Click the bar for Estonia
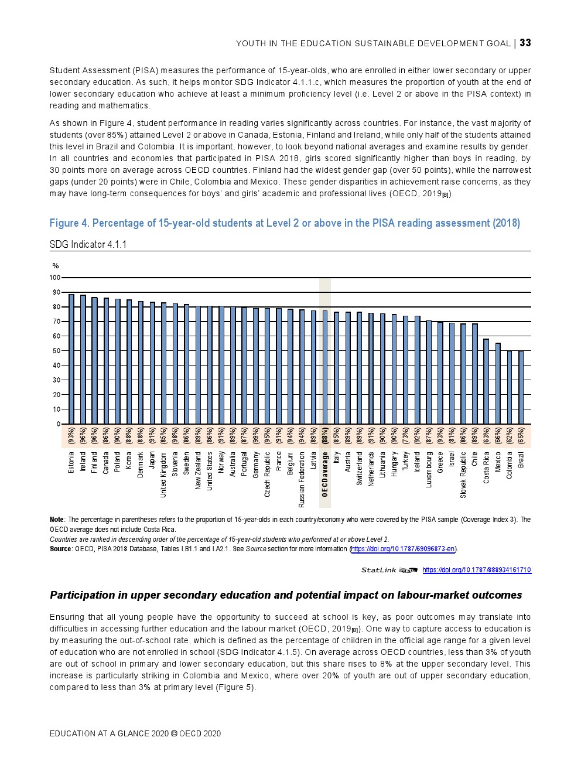[x=71, y=359]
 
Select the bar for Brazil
[x=521, y=387]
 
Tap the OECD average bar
[x=325, y=367]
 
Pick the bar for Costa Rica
[x=486, y=381]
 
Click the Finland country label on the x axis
[x=94, y=462]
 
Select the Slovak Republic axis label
[x=463, y=474]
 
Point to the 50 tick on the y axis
[x=56, y=351]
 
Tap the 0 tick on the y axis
[x=58, y=424]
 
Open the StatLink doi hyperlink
[x=476, y=570]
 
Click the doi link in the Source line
[x=403, y=549]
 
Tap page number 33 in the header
[x=525, y=43]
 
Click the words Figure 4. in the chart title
[x=69, y=223]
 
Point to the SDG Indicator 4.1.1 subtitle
[x=88, y=244]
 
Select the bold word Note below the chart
[x=57, y=520]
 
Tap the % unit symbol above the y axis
[x=56, y=266]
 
